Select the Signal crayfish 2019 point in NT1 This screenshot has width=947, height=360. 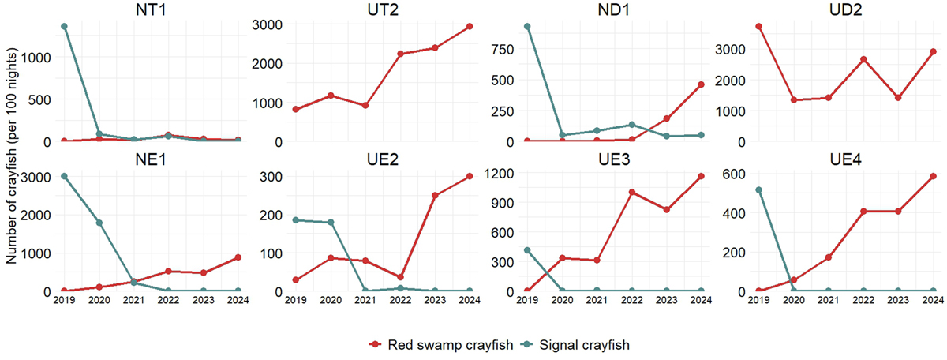tap(63, 26)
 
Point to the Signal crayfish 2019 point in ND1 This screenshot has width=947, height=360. tap(527, 26)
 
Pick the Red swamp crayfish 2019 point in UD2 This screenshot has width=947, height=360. tap(758, 26)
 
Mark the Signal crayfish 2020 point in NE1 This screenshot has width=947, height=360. tap(99, 223)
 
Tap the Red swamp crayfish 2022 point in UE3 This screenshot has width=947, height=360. tap(632, 192)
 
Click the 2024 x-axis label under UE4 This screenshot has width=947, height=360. tap(933, 300)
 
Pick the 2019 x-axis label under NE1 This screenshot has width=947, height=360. tap(63, 300)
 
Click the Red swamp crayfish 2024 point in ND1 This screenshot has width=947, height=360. tap(701, 84)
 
